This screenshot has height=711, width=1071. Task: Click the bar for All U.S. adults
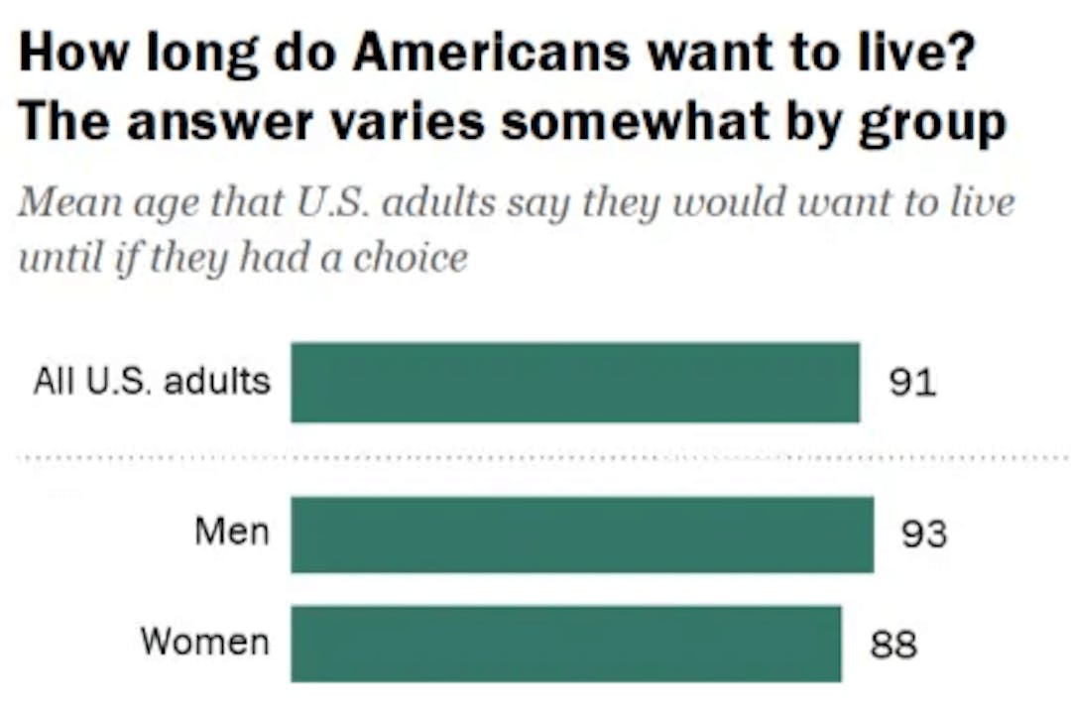pos(575,383)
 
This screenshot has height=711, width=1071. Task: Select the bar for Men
pos(582,534)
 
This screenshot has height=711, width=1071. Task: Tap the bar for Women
pos(566,645)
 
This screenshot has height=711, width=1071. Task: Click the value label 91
pos(912,383)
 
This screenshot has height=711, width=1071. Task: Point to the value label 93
pos(924,535)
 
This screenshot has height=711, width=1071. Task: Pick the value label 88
pos(893,646)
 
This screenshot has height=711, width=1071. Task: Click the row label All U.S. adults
pos(152,382)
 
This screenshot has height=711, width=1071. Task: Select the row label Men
pos(231,533)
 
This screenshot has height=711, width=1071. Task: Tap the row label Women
pos(204,642)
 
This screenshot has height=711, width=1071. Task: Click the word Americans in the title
pos(491,55)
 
